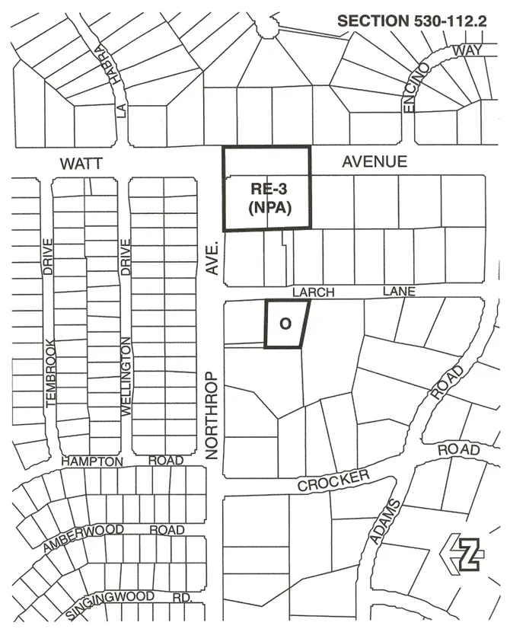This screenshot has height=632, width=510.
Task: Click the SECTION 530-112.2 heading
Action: [411, 21]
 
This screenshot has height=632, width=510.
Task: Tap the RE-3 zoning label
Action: [266, 190]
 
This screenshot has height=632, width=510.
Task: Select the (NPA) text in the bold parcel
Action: [266, 207]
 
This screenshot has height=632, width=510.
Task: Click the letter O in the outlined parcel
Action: [285, 324]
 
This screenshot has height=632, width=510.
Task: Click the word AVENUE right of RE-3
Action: [375, 161]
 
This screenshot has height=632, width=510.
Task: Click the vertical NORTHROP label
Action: [212, 415]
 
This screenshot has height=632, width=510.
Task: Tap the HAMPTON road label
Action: [92, 461]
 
